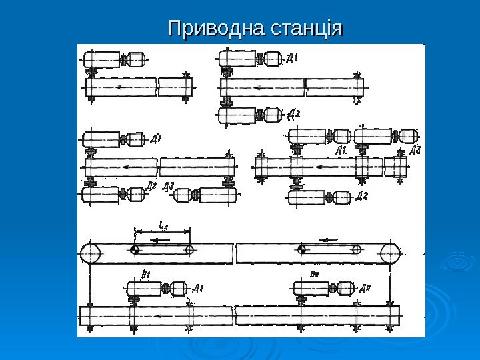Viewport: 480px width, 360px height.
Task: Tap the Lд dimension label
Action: click(162, 225)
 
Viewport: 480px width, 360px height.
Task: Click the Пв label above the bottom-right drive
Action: click(313, 273)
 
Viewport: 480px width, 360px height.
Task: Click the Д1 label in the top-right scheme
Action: click(292, 59)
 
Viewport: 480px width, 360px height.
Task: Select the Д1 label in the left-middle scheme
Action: click(155, 139)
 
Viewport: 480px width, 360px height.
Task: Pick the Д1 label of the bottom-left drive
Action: click(197, 289)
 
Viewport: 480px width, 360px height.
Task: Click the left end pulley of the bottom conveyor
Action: click(90, 253)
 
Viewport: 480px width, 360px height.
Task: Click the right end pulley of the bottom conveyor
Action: click(391, 253)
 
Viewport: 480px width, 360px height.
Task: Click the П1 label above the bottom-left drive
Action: click(146, 273)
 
